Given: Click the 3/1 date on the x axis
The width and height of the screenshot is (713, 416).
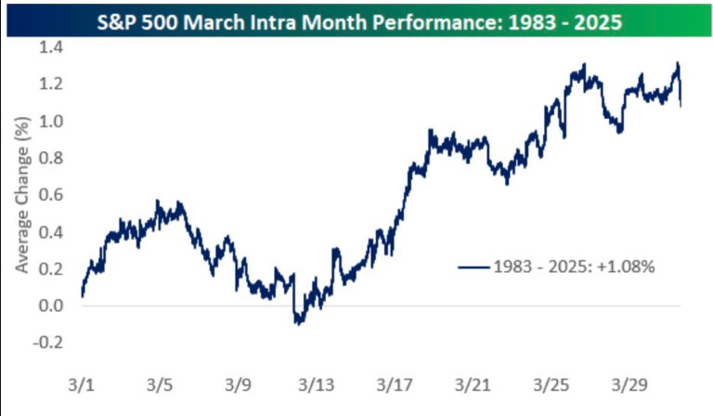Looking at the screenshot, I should [82, 383].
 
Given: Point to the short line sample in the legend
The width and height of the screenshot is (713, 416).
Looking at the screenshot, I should [473, 266].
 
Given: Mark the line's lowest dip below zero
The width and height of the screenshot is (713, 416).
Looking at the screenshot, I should [298, 323].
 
